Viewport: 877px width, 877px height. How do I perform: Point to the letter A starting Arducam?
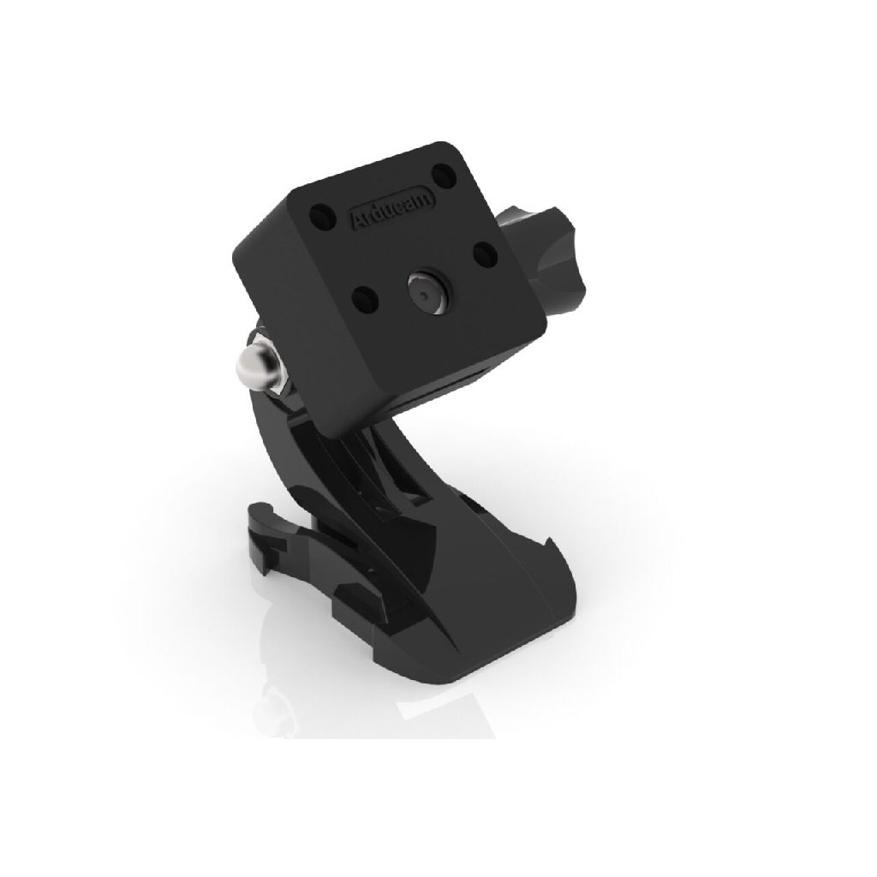click(x=356, y=222)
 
